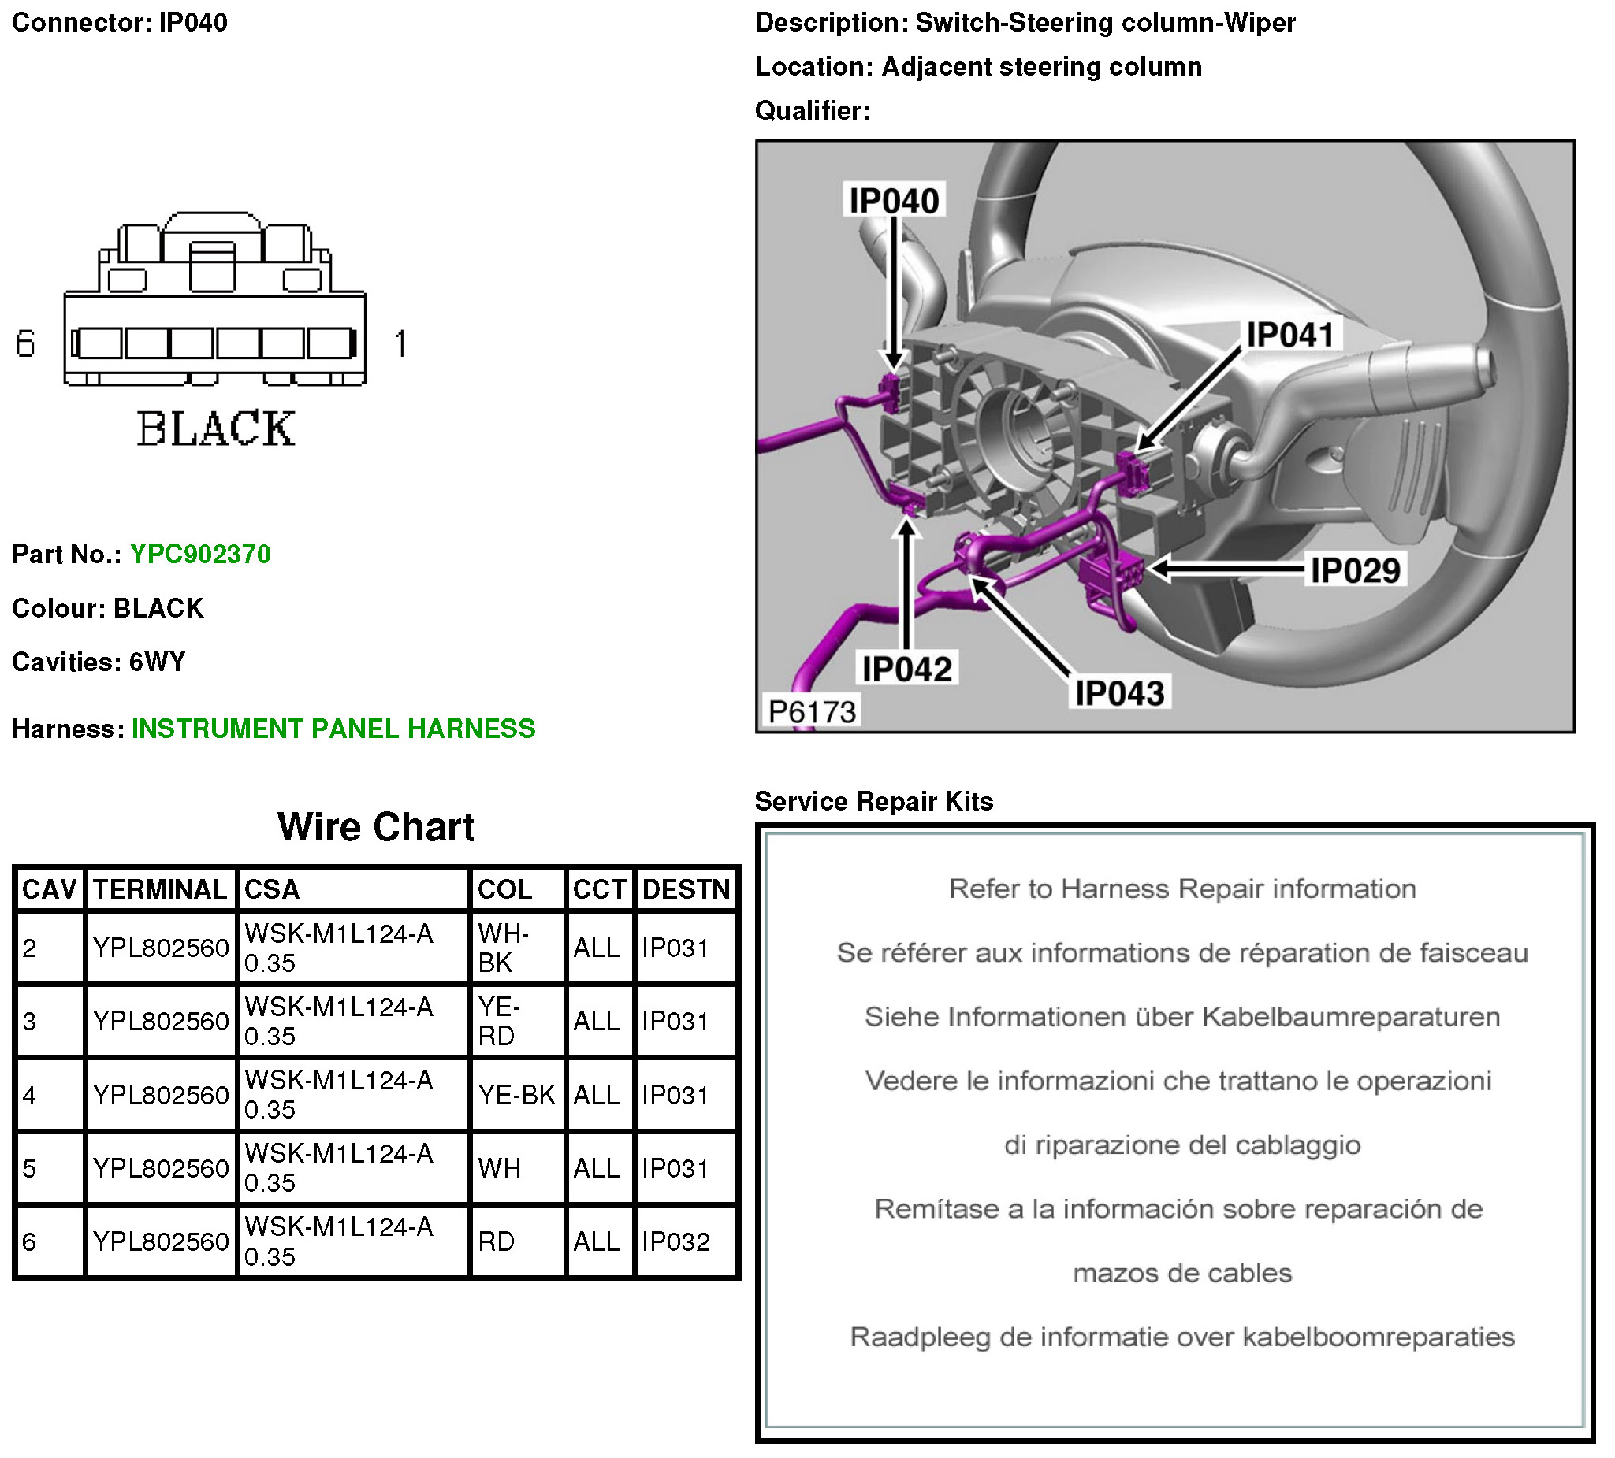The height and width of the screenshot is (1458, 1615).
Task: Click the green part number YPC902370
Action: coord(200,554)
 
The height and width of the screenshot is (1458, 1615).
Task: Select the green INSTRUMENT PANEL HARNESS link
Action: coord(333,729)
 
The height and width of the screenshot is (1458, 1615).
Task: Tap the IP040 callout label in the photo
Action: coord(894,200)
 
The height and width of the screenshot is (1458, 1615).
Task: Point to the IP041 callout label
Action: coord(1289,335)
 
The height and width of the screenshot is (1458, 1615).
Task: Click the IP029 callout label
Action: coord(1355,571)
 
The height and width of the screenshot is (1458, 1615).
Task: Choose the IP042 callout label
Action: coord(907,669)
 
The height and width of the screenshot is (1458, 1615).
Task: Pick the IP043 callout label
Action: coord(1119,693)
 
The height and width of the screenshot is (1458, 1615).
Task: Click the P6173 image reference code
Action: coord(812,712)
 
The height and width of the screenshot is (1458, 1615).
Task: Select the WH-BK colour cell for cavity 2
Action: coord(503,948)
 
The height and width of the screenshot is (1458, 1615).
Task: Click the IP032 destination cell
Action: coord(675,1242)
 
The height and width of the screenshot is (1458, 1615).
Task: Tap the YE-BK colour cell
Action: coord(516,1095)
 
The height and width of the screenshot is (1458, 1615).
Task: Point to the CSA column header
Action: coord(272,889)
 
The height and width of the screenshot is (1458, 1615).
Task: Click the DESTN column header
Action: coord(686,889)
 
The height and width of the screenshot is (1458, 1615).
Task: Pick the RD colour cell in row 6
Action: coord(497,1242)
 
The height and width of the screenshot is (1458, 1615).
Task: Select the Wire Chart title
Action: coord(376,827)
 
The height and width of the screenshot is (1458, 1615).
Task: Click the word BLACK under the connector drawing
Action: coord(215,429)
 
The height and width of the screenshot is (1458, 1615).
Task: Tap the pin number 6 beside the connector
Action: coord(26,344)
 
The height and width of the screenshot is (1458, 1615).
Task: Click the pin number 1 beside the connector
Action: coord(400,344)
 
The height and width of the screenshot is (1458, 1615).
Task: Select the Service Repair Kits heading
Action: coord(874,801)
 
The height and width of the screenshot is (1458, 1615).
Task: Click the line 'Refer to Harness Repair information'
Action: coord(1181,889)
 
